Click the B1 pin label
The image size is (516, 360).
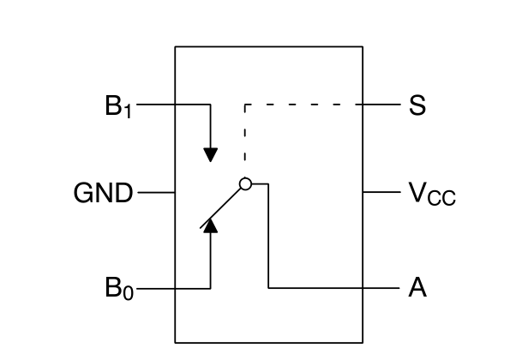click(118, 106)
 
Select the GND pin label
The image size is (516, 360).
click(103, 193)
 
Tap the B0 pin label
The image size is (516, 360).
click(119, 288)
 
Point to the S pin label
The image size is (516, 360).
click(417, 105)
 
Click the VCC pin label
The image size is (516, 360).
click(432, 195)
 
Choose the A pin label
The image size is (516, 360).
click(417, 287)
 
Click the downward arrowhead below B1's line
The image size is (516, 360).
click(211, 155)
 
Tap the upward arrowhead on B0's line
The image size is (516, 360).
click(211, 225)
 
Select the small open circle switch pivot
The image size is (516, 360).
click(245, 184)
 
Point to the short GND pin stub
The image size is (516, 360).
click(156, 193)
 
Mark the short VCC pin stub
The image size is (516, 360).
click(381, 192)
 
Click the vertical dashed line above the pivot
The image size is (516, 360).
click(245, 133)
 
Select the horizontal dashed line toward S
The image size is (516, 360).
click(303, 105)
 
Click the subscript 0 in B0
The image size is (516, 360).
click(129, 293)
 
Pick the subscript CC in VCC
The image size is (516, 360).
click(441, 198)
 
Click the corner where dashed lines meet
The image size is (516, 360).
click(245, 105)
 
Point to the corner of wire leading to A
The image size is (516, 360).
click(268, 288)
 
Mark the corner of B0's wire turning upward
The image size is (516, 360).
click(211, 289)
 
